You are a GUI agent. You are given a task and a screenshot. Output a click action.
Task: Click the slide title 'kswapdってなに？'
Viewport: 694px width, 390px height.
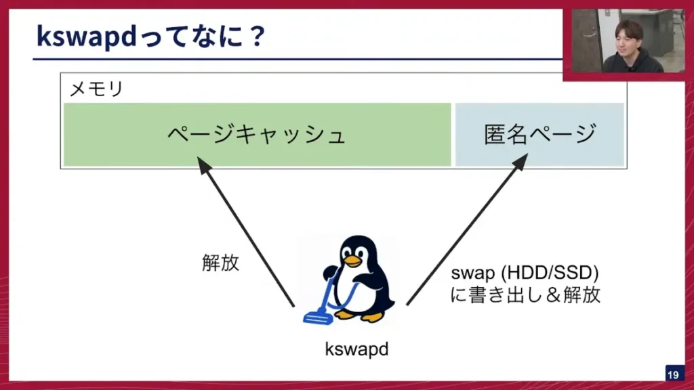[x=149, y=37]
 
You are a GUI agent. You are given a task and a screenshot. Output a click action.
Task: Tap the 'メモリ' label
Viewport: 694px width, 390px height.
[x=97, y=89]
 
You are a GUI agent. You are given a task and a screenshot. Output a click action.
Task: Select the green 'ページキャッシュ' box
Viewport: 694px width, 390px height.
[x=257, y=134]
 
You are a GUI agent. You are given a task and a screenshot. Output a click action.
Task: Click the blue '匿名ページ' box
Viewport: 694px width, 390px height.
[x=539, y=134]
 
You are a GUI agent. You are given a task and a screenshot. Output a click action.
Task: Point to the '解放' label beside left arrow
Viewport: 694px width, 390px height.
[x=220, y=263]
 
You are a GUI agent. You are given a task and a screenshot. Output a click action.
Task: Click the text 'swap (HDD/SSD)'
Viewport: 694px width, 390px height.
[x=525, y=274]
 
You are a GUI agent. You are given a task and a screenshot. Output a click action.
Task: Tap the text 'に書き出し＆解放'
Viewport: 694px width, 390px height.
[x=525, y=295]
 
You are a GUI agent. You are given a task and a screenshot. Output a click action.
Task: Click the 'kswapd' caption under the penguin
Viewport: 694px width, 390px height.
[x=356, y=349]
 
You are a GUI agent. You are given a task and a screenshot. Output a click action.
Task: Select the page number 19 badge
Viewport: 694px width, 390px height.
[x=673, y=375]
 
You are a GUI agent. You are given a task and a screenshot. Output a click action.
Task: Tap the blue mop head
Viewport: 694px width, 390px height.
[x=315, y=316]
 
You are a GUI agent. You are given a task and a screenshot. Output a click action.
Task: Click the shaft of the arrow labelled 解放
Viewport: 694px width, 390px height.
[x=247, y=234]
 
